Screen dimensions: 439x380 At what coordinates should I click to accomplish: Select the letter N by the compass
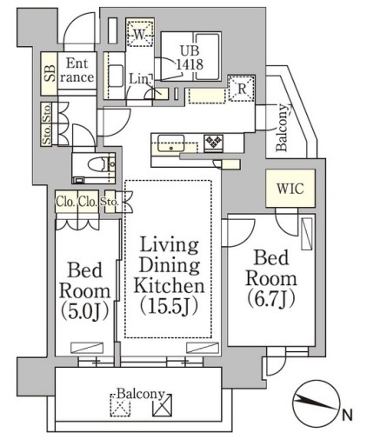pos(348,416)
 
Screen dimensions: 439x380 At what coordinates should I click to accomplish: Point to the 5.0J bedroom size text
pos(85,310)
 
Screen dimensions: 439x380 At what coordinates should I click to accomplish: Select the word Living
pos(169,244)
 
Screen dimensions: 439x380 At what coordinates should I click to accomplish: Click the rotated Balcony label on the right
pos(283,128)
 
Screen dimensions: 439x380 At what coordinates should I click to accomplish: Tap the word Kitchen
pos(169,285)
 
